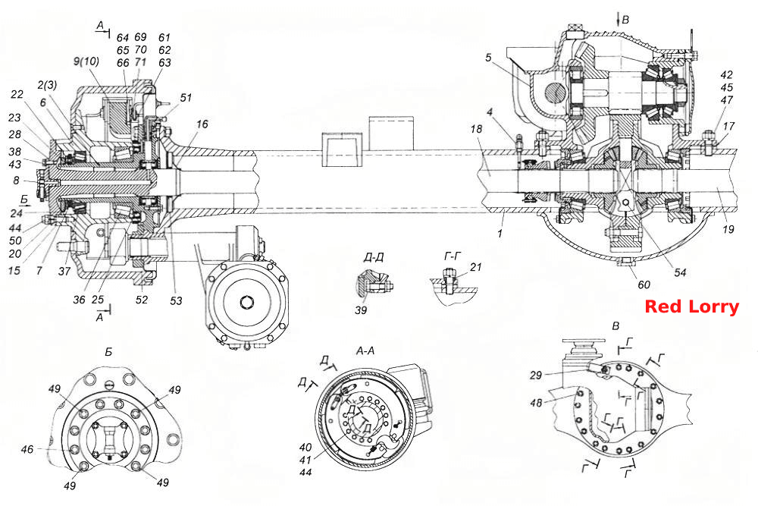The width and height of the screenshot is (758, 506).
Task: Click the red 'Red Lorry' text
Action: (692, 306)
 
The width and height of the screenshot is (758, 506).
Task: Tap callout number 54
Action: (680, 273)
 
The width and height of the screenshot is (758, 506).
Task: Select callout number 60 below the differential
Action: (644, 284)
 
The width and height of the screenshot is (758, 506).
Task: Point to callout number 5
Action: (488, 58)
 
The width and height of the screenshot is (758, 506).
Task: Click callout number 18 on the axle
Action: (476, 129)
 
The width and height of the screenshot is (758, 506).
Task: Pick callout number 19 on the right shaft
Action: (728, 229)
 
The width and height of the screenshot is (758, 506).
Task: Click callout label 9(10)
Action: (86, 62)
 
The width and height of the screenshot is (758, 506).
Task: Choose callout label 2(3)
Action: (47, 85)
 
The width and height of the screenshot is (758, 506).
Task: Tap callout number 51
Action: (186, 98)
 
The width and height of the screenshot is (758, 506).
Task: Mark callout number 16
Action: (202, 124)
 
